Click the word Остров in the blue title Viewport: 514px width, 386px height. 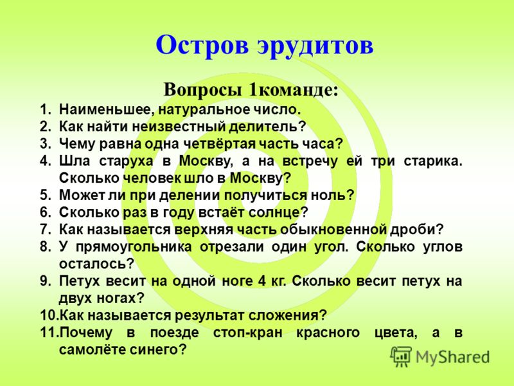pos(202,45)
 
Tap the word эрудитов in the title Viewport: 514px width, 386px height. pos(315,46)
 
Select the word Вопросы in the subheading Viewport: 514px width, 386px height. pos(202,89)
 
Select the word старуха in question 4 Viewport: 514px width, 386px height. pos(126,161)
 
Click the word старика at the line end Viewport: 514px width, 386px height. pos(432,161)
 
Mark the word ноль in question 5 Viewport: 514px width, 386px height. pos(332,196)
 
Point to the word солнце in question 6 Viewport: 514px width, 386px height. pos(278,212)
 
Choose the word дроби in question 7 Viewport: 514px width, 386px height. pos(416,229)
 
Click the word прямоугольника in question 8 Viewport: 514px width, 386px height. pos(134,247)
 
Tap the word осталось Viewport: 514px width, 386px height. pos(96,264)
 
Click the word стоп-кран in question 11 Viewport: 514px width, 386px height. pos(247,333)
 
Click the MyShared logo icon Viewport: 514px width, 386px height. pos(400,356)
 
